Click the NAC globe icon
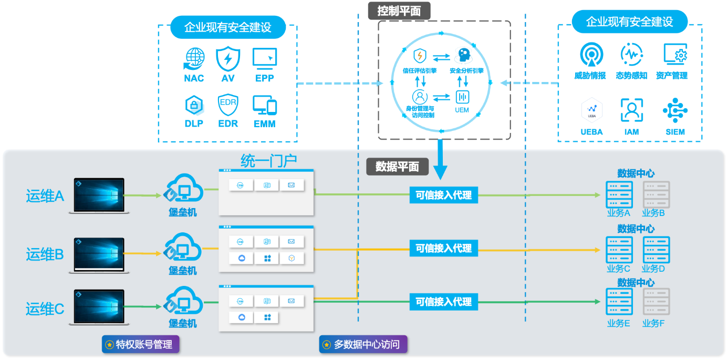tap(194, 58)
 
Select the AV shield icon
tap(228, 58)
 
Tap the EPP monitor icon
tap(264, 58)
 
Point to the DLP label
tap(194, 124)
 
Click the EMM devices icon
tap(264, 105)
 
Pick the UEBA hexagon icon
tap(591, 110)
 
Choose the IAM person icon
tap(631, 110)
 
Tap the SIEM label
tap(675, 132)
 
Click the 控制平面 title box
tap(399, 11)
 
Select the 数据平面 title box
tap(397, 167)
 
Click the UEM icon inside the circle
tap(462, 97)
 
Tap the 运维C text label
tap(45, 309)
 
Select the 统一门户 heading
tap(268, 160)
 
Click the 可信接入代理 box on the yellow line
tap(443, 249)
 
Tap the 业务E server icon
tap(619, 302)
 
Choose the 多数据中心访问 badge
tap(363, 345)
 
